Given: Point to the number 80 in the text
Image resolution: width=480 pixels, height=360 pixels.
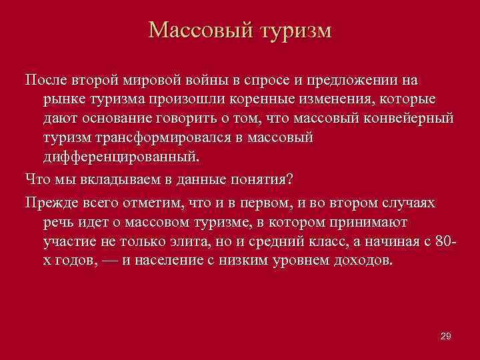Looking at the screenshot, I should pos(442,240).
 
